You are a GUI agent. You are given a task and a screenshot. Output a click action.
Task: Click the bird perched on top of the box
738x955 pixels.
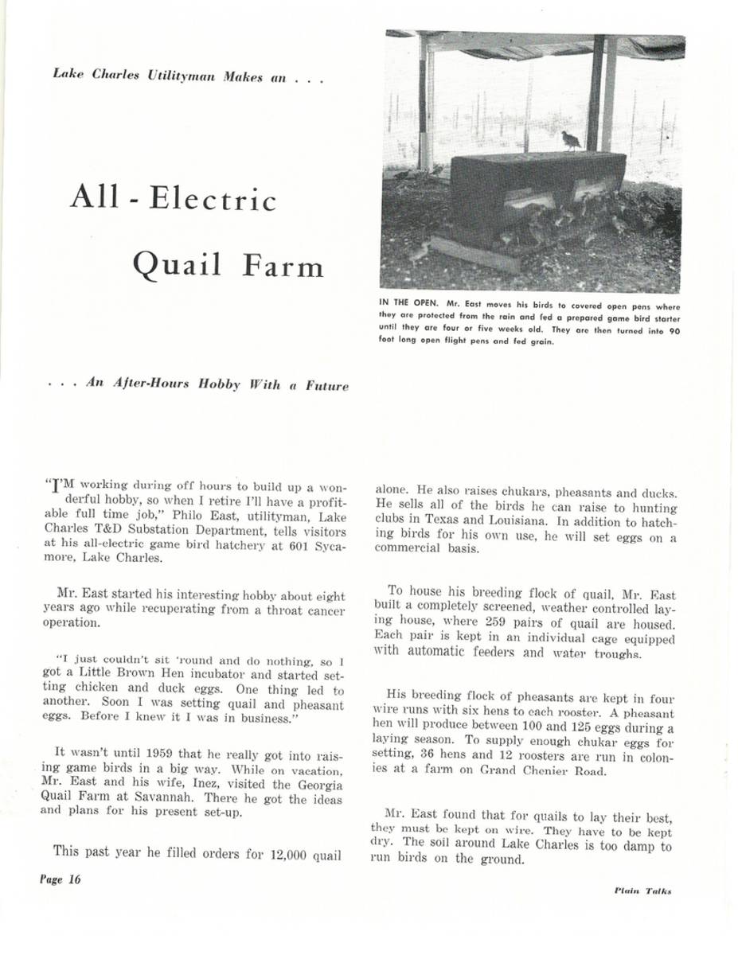571,140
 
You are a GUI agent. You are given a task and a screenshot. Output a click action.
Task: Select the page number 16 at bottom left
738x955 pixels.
75,879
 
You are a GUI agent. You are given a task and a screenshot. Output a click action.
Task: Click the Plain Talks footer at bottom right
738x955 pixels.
642,891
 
